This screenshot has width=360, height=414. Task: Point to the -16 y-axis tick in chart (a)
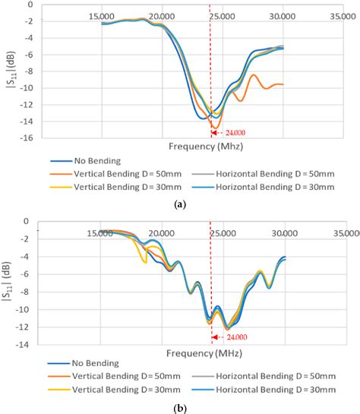point(27,137)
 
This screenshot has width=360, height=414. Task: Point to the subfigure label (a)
point(180,204)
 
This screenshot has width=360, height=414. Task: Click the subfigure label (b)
point(180,408)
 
